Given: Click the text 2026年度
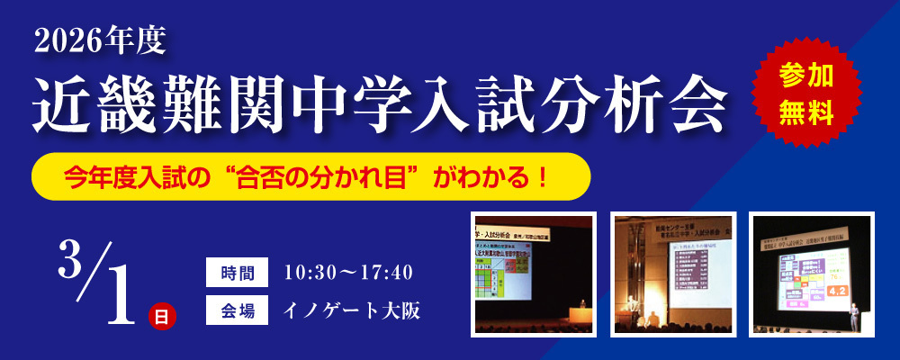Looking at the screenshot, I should pos(96,40).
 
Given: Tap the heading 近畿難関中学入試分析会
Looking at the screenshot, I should pos(379,100).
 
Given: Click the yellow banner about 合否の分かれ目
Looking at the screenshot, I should pos(310,175).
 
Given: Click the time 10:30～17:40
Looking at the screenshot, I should pos(347,271).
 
